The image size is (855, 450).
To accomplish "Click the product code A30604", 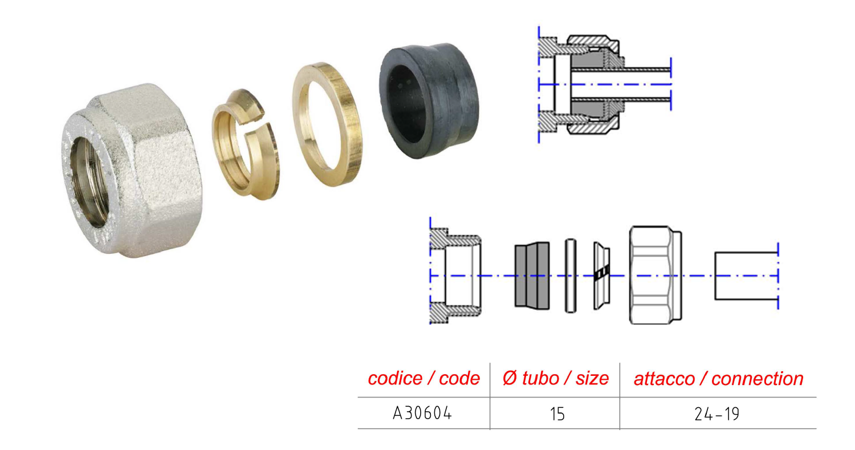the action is click(422, 413).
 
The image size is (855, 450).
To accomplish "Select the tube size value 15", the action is click(557, 414).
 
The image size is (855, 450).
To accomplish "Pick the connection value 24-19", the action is click(717, 414).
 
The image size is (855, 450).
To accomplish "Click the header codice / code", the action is click(424, 378).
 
